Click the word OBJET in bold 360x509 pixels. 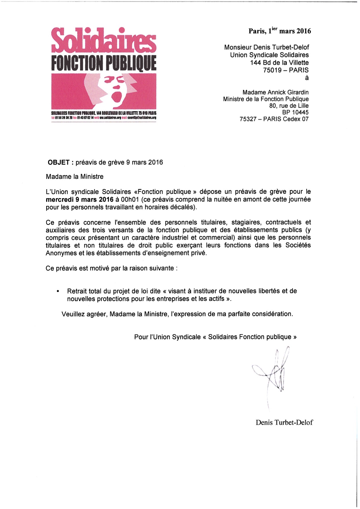pyautogui.click(x=58, y=162)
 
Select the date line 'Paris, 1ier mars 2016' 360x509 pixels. pyautogui.click(x=280, y=31)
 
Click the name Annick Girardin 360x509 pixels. pyautogui.click(x=290, y=92)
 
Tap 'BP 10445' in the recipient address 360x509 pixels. pyautogui.click(x=295, y=112)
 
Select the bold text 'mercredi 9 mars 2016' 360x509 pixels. pyautogui.click(x=79, y=199)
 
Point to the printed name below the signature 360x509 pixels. pyautogui.click(x=284, y=423)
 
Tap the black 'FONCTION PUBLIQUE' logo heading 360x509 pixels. pyautogui.click(x=104, y=63)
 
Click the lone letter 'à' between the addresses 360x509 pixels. pyautogui.click(x=307, y=78)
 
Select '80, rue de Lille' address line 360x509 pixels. pyautogui.click(x=289, y=106)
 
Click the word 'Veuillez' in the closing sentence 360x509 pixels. pyautogui.click(x=73, y=314)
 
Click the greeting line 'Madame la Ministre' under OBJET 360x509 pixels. pyautogui.click(x=75, y=176)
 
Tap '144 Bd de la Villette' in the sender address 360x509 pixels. pyautogui.click(x=279, y=63)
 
